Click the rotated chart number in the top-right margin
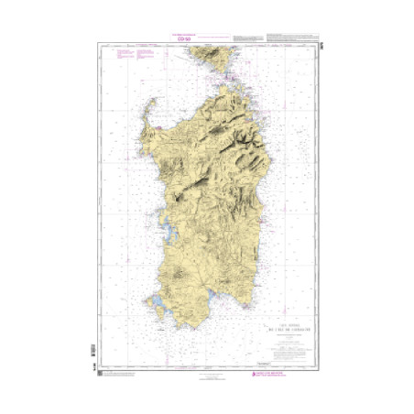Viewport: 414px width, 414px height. click(321, 46)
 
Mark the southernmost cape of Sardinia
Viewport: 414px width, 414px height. click(183, 328)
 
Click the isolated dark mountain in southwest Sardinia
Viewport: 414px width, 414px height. click(170, 271)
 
